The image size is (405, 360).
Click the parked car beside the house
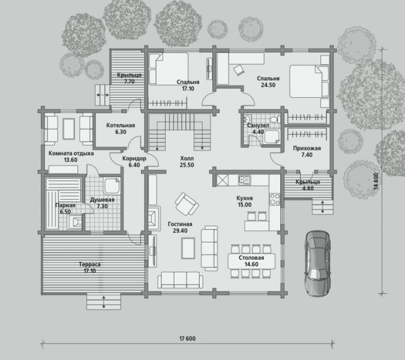[317, 263]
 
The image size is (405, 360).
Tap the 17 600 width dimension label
[187, 338]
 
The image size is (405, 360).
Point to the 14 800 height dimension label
[376, 182]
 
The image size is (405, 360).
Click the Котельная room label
[121, 125]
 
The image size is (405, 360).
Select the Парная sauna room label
[65, 205]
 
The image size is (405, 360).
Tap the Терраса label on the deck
[89, 265]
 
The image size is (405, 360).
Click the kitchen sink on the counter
[244, 179]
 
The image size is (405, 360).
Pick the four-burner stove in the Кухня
[275, 199]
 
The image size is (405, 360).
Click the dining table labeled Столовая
[251, 261]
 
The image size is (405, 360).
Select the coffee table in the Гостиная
[188, 248]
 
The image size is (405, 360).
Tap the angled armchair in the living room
[187, 204]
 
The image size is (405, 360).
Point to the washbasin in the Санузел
[247, 119]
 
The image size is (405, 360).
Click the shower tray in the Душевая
[112, 185]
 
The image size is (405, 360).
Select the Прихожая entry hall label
[307, 148]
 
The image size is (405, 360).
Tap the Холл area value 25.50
[187, 165]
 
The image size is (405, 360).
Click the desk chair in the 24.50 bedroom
[239, 70]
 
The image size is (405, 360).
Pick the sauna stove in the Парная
[75, 222]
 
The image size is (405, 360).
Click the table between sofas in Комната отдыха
[69, 128]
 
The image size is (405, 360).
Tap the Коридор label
[134, 158]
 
